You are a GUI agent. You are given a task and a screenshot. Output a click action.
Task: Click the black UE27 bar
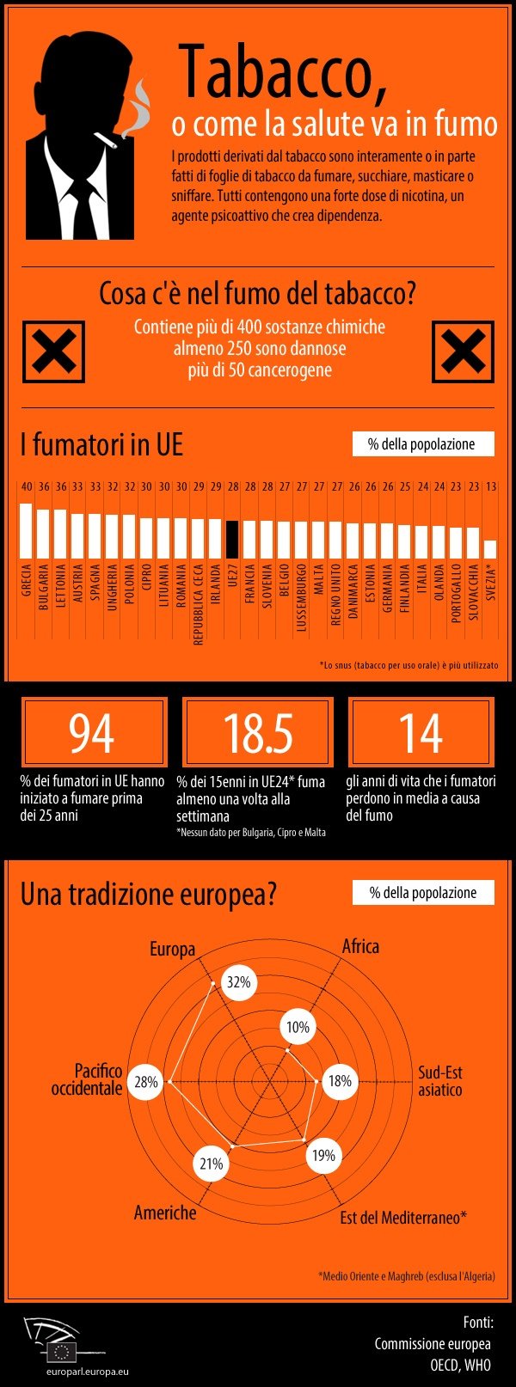(x=232, y=539)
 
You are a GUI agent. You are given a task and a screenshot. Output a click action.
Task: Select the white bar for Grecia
(x=26, y=530)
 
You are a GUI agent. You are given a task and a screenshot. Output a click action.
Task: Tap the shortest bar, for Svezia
(x=490, y=549)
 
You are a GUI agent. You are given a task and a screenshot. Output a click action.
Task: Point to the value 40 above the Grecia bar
(x=27, y=486)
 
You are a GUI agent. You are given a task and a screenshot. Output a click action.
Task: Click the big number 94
(x=92, y=733)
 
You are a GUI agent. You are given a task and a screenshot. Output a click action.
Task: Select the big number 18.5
(x=257, y=733)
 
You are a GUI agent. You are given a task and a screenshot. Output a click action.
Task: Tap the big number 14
(x=421, y=733)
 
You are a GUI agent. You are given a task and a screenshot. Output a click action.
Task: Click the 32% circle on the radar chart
(x=238, y=982)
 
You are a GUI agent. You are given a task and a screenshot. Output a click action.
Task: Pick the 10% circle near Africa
(x=298, y=1027)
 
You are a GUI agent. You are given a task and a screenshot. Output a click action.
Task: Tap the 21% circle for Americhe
(x=212, y=1164)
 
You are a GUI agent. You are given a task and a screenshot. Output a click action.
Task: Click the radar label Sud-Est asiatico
(x=440, y=1081)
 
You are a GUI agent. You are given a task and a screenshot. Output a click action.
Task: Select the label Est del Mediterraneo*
(x=402, y=1217)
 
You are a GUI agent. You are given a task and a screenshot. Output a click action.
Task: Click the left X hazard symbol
(x=53, y=351)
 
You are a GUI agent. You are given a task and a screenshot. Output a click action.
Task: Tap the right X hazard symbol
(x=463, y=351)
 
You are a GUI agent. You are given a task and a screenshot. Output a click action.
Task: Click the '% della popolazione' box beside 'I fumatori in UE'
(x=423, y=444)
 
